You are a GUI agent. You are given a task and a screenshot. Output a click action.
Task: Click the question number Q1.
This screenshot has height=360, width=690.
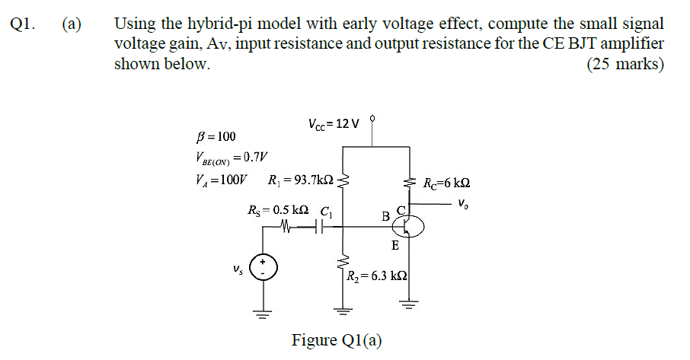coord(24,24)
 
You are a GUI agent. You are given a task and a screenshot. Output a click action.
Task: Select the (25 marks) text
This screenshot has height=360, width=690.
coord(625,65)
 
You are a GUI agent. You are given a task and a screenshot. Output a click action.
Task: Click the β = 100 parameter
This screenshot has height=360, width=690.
coord(216,136)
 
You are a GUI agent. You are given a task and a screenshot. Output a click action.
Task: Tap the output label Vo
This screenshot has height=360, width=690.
coord(464,203)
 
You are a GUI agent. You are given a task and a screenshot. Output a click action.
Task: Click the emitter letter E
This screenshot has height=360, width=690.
coord(394,246)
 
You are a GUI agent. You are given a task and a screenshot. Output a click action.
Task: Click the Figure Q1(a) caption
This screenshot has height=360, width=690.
coord(337,339)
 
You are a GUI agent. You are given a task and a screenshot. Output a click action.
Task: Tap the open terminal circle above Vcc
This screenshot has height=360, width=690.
coord(372,119)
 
